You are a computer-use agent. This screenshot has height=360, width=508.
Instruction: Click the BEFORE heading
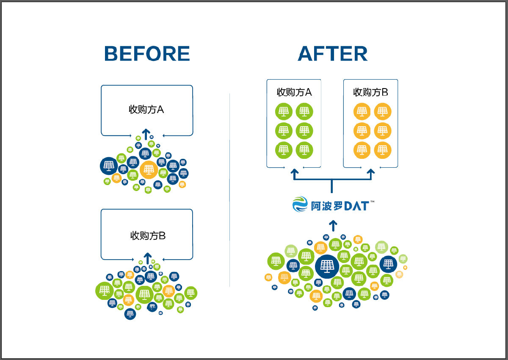pos(147,54)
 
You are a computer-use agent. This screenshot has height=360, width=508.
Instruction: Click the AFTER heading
pos(332,54)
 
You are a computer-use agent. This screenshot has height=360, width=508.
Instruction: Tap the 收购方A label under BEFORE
pos(146,109)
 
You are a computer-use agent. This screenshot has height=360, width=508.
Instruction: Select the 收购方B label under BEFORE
pos(148,235)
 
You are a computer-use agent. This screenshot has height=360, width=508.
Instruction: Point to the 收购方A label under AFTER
pos(294,92)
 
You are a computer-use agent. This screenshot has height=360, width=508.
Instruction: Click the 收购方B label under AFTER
pos(370,92)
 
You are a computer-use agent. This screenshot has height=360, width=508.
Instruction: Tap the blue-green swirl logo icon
pos(301,204)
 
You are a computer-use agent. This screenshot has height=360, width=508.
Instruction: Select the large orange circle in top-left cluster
pos(148,169)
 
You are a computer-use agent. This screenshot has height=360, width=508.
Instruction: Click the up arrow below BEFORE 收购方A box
pos(146,134)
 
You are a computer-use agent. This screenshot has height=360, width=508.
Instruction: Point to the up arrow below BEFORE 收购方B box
pos(147,258)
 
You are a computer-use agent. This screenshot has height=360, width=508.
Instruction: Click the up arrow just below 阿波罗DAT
pos(333,224)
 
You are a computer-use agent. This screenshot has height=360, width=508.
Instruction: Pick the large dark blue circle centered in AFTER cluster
pos(327,266)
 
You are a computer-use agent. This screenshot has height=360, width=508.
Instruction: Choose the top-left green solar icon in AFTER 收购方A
pos(284,111)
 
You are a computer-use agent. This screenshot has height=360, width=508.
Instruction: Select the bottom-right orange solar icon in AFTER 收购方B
pos(382,150)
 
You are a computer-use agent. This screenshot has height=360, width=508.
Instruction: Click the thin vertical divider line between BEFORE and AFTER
pos(229,191)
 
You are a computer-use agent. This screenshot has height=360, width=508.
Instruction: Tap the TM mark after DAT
pos(372,202)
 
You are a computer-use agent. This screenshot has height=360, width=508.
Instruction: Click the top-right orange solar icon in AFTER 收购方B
pos(382,111)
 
